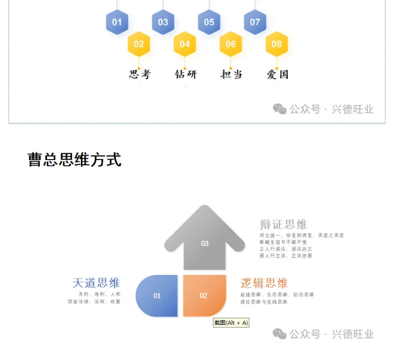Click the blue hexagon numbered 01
117,23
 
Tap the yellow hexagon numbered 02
139,44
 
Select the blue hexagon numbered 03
163,23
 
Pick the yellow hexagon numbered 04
185,44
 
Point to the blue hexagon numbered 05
209,23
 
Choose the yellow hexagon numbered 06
230,44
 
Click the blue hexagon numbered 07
255,23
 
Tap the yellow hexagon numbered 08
277,44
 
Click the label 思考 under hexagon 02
140,74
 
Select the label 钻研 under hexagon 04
186,74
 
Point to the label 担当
231,74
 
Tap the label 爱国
277,74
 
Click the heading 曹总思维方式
74,159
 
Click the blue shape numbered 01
157,296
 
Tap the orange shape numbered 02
203,296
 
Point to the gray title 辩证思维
283,225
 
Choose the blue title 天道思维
96,283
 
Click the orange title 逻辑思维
264,283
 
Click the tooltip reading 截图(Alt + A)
231,322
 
